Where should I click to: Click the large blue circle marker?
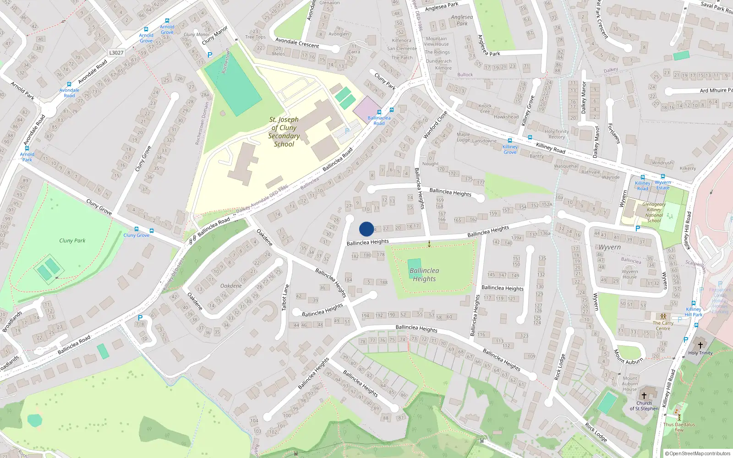[x=366, y=229]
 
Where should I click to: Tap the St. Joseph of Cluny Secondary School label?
[x=284, y=132]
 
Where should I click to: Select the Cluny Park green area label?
[x=72, y=240]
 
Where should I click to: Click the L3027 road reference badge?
[x=116, y=53]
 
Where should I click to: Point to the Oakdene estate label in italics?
[x=231, y=286]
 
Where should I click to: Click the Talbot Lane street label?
[x=285, y=298]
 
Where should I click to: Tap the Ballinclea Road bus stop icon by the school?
[x=379, y=112]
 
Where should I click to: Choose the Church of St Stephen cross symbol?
[x=644, y=396]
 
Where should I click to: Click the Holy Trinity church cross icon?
[x=700, y=345]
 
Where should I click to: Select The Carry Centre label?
[x=663, y=326]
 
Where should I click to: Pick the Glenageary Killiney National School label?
[x=654, y=213]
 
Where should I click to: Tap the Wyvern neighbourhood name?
[x=610, y=247]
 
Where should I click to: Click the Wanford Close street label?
[x=435, y=125]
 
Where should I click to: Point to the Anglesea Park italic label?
[x=462, y=20]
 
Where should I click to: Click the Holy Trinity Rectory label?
[x=557, y=134]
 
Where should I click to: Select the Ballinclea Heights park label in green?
[x=424, y=275]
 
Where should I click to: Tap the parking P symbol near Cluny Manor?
[x=210, y=55]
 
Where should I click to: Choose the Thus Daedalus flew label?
[x=679, y=427]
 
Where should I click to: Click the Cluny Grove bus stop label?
[x=136, y=235]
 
